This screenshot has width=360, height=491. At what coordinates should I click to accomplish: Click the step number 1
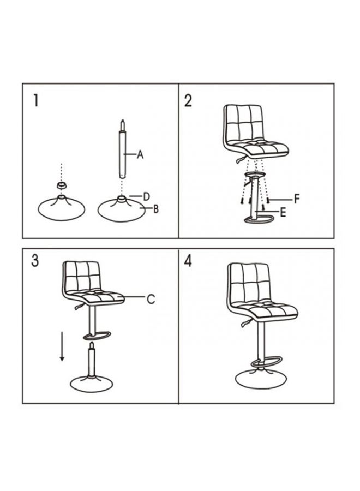(x=36, y=101)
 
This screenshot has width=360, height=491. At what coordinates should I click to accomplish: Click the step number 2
(x=188, y=101)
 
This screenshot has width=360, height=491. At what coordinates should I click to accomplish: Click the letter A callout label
(x=140, y=155)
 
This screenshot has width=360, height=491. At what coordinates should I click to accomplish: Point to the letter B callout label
(x=155, y=209)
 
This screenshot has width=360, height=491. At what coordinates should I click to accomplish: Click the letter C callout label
(x=151, y=298)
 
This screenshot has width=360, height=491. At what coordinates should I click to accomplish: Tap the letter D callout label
(x=147, y=196)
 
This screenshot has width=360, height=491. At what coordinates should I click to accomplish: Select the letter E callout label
(x=283, y=213)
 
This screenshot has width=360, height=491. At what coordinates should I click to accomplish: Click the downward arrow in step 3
(x=62, y=346)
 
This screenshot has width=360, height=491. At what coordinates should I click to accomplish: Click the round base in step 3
(x=91, y=382)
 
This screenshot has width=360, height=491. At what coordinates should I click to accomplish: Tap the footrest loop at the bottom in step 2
(x=260, y=219)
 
